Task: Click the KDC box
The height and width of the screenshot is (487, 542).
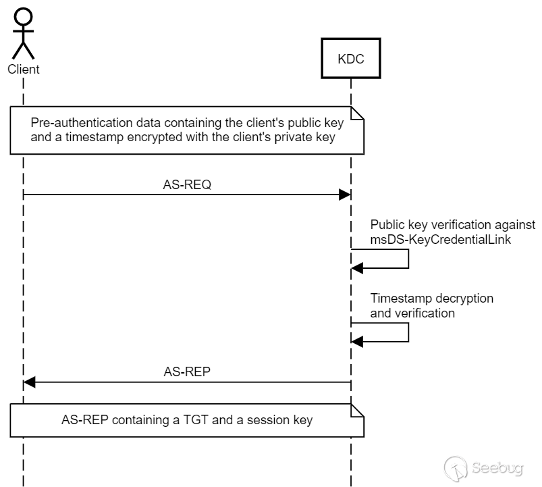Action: tap(350, 59)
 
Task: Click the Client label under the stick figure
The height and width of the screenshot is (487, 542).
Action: tap(23, 69)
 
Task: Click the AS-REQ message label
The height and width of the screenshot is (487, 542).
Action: tap(187, 184)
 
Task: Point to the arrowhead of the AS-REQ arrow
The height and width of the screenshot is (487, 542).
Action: tap(345, 195)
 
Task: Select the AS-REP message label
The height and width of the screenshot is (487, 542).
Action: tap(187, 371)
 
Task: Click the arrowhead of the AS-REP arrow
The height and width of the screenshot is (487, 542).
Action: tap(29, 382)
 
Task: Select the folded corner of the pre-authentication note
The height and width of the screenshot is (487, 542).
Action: tap(358, 113)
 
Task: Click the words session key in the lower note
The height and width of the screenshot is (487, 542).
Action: tap(279, 420)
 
